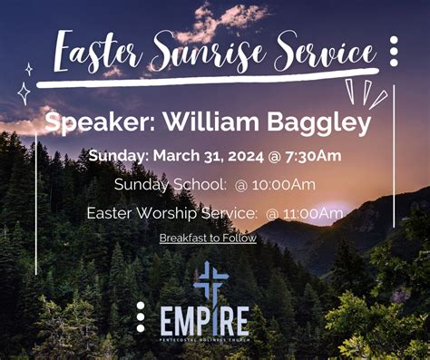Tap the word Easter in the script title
[x=94, y=54]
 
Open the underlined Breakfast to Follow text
[x=208, y=238]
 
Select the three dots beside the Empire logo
[x=141, y=316]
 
